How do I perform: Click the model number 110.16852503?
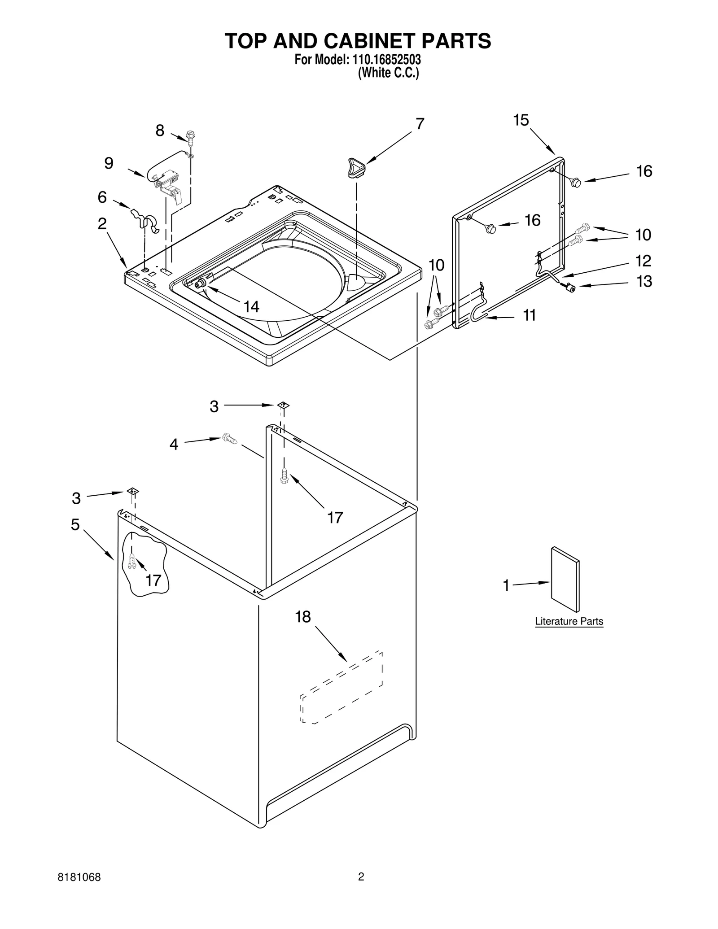pos(384,60)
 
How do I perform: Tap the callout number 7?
pos(420,124)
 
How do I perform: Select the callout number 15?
pos(521,120)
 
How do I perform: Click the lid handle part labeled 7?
pos(356,168)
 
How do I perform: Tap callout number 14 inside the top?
pos(251,307)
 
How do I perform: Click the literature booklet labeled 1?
pos(565,579)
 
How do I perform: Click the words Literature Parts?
pos(569,621)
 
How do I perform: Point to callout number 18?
pos(303,617)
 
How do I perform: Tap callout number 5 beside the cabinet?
pos(75,524)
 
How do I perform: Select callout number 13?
pos(644,281)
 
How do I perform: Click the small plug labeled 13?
pos(570,288)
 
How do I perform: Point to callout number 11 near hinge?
pos(530,315)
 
